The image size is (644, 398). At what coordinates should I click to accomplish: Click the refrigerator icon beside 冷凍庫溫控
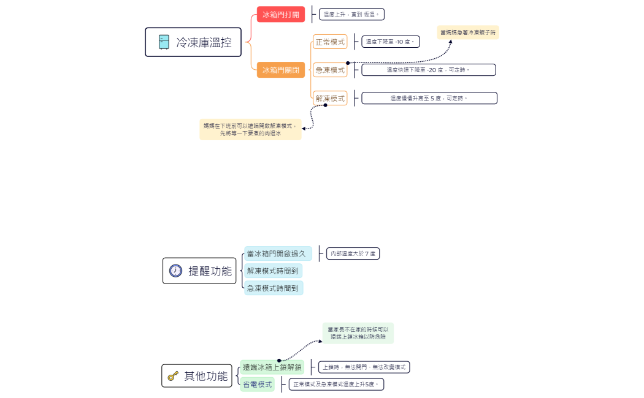point(164,42)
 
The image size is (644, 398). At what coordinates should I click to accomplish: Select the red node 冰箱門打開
point(281,14)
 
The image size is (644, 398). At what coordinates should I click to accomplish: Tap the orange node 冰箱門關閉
point(281,70)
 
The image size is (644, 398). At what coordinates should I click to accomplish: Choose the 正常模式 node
point(330,42)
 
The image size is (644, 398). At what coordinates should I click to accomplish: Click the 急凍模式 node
point(330,70)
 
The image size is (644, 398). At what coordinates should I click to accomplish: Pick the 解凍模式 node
point(330,98)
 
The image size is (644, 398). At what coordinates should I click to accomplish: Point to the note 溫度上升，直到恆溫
point(351,14)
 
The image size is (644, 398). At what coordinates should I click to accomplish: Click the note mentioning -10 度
point(390,42)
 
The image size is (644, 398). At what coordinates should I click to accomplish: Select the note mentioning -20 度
point(428,70)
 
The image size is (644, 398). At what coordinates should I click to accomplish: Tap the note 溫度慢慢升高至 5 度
point(429,98)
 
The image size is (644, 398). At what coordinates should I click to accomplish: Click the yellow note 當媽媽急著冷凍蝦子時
point(468,32)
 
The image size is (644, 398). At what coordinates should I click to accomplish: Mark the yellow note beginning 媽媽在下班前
point(250,129)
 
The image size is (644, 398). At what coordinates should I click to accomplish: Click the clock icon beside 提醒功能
point(176,271)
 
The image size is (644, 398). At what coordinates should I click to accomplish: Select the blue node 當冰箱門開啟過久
point(278,253)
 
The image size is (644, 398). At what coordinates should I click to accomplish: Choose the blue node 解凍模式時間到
point(273,271)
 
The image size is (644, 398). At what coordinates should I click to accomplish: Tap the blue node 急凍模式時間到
point(273,288)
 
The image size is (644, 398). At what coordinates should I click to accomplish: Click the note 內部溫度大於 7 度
point(353,253)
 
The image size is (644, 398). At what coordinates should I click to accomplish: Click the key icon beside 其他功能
point(173,376)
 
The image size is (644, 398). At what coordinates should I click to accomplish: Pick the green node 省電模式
point(257,385)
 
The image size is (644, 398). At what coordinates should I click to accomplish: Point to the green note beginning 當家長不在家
point(358,333)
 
